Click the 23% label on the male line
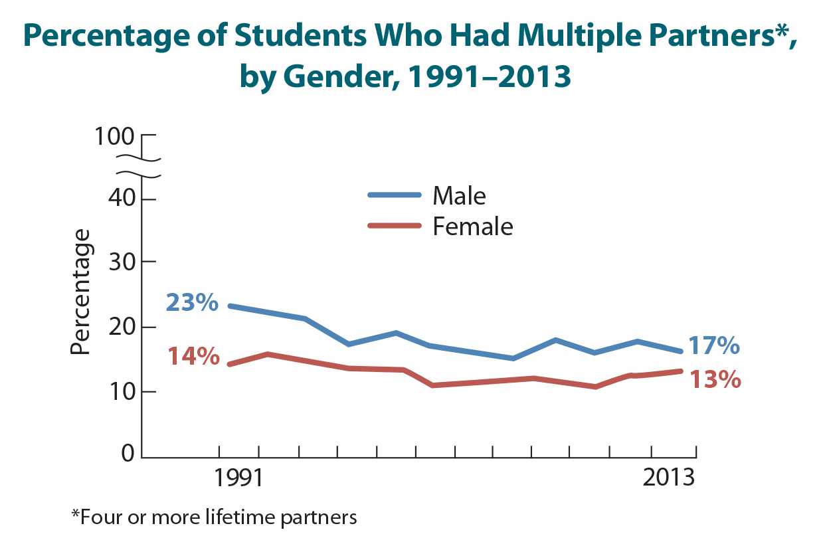(x=192, y=304)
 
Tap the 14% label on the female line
(x=193, y=357)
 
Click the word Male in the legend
(x=459, y=196)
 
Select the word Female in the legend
(x=472, y=227)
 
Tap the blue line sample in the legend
(x=395, y=195)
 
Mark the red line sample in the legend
(x=395, y=226)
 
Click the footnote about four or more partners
(x=214, y=517)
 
